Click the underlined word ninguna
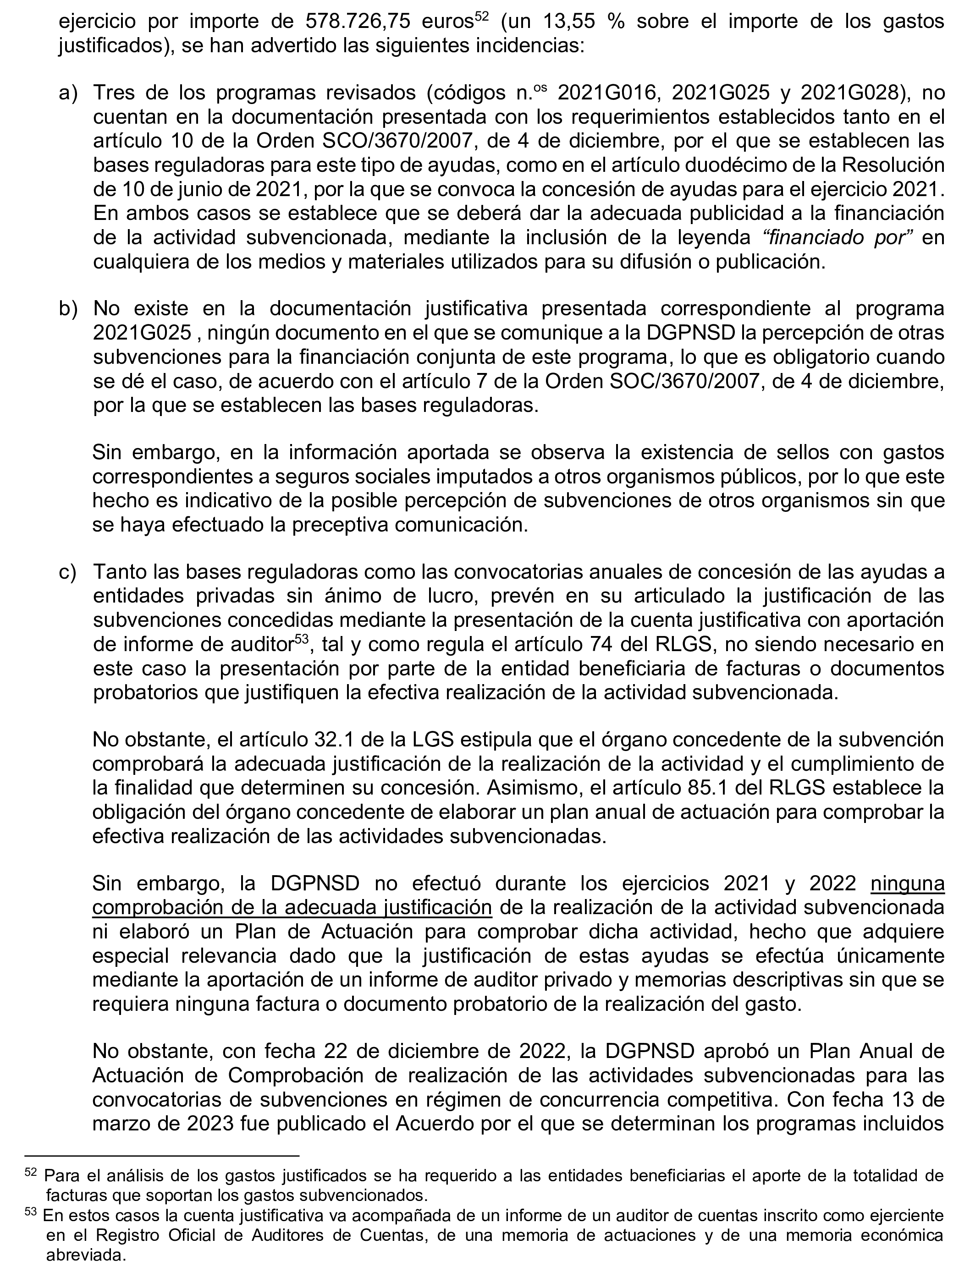907,883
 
